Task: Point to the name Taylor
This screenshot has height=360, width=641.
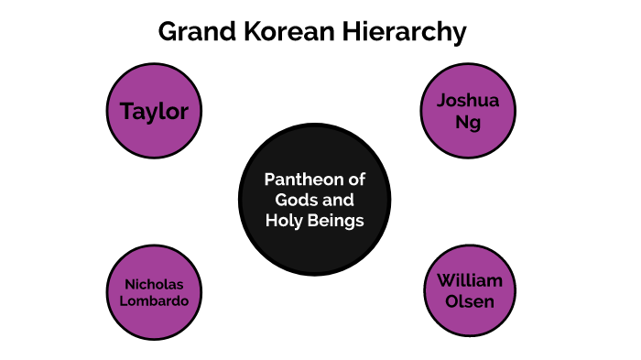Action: tap(154, 113)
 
